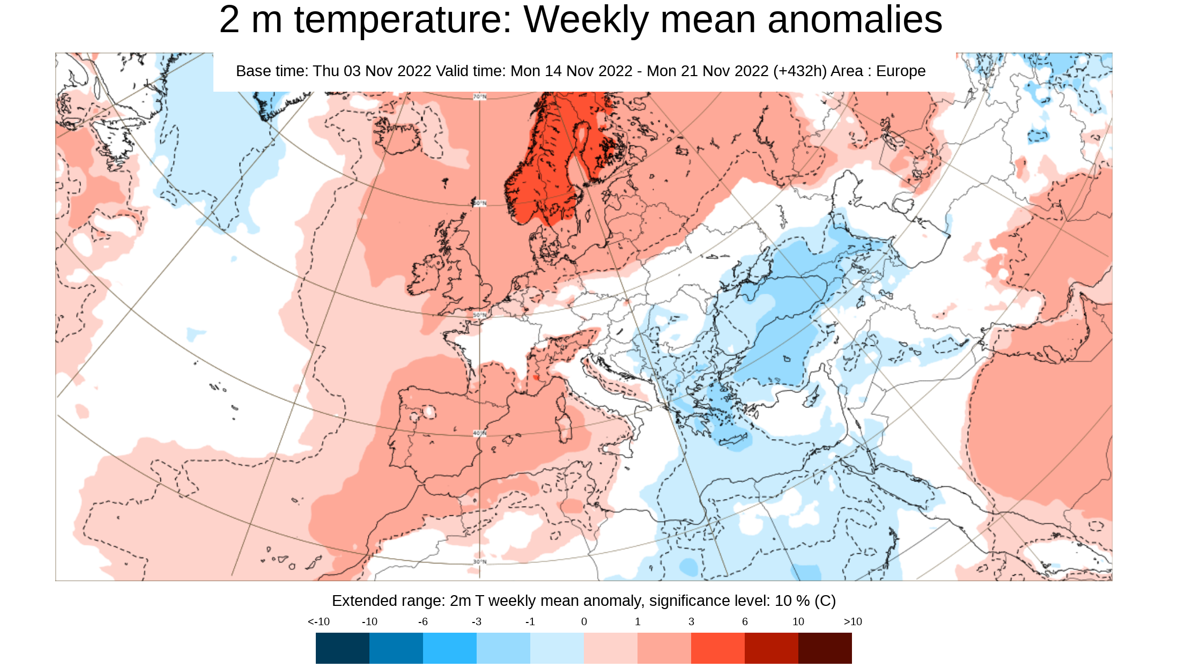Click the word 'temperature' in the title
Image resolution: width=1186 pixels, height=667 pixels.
point(403,20)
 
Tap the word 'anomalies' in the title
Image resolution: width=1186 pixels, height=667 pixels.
point(855,20)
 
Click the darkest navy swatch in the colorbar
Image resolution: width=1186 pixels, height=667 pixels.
point(342,648)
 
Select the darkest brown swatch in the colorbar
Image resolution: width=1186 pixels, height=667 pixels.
point(825,648)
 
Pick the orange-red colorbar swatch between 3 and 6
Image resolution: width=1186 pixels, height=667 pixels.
point(717,648)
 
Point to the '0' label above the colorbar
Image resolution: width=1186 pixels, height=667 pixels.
point(584,621)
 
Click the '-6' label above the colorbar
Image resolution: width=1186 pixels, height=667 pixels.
point(423,621)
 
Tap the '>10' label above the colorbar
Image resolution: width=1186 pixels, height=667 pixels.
point(853,621)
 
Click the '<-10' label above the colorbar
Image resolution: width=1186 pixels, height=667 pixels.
point(318,621)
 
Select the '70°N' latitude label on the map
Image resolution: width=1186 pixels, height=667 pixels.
point(480,97)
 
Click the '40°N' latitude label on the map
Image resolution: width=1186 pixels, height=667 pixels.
point(480,433)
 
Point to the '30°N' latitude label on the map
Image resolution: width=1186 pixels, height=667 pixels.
point(480,561)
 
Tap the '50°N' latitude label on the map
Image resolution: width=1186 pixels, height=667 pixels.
point(480,315)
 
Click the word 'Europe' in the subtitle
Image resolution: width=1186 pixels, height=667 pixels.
point(901,71)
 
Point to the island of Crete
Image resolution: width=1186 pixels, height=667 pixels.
point(733,441)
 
